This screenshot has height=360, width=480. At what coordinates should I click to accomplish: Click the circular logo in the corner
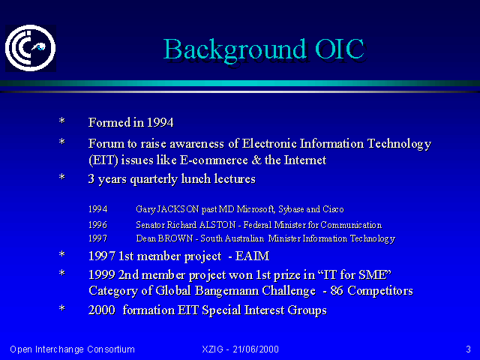[30, 48]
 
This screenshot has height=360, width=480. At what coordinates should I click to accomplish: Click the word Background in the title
[235, 50]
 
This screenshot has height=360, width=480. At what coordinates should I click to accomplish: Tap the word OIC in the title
[340, 49]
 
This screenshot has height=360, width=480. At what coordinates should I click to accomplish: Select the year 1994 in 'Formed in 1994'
[160, 122]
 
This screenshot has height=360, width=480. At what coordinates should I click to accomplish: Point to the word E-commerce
[214, 160]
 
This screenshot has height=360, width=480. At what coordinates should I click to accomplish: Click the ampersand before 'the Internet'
[256, 160]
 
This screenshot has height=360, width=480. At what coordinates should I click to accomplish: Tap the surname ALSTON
[217, 225]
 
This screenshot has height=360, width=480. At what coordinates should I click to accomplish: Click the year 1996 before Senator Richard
[97, 225]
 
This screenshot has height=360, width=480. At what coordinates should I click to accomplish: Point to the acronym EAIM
[252, 256]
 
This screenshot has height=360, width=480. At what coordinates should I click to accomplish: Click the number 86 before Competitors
[337, 290]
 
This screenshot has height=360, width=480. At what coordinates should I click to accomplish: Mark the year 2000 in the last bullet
[102, 310]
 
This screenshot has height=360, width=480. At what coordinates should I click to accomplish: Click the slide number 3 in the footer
[468, 349]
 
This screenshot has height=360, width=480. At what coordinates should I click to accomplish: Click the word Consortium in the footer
[111, 349]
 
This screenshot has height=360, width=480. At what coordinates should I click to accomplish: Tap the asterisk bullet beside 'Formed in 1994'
[61, 121]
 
